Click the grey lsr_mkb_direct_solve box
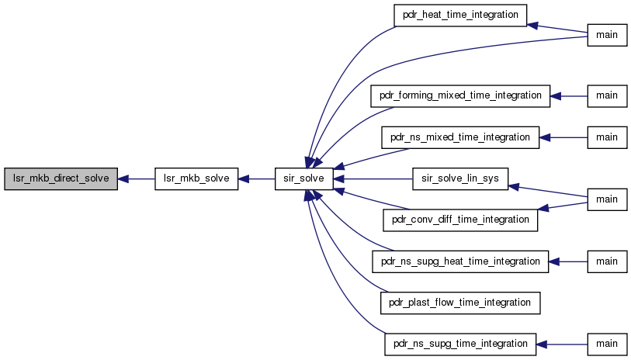click(x=61, y=179)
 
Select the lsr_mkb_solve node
click(x=196, y=179)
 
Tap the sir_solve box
click(x=303, y=179)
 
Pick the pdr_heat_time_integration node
click(x=460, y=16)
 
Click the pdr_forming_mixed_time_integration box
click(x=460, y=96)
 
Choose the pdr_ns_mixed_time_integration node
click(x=460, y=137)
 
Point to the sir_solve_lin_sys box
click(x=460, y=179)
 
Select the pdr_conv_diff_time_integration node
click(x=460, y=220)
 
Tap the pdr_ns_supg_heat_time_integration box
click(x=460, y=261)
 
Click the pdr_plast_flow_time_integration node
click(x=460, y=303)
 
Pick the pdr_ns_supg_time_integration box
click(x=460, y=344)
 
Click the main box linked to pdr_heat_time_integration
click(x=607, y=35)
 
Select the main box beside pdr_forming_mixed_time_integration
click(x=607, y=96)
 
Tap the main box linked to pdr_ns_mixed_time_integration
click(x=607, y=137)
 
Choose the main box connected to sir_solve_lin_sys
click(x=607, y=199)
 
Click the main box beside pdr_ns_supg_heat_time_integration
click(x=607, y=261)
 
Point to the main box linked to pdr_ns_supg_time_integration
click(x=607, y=344)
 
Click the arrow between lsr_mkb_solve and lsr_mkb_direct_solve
click(x=136, y=179)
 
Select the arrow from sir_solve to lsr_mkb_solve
click(x=257, y=179)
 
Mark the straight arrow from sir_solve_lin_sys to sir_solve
click(x=373, y=179)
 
